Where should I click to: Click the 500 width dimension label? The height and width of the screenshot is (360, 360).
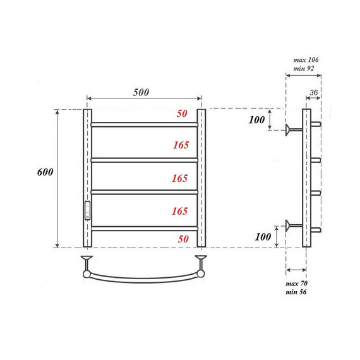(x=141, y=92)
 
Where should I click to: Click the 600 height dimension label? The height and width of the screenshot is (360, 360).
(x=45, y=172)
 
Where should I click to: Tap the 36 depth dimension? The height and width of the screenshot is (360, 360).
(x=313, y=93)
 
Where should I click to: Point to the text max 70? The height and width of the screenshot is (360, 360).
(x=297, y=284)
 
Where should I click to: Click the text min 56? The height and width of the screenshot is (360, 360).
(x=297, y=292)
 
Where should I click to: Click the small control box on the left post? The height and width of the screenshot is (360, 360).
(x=87, y=209)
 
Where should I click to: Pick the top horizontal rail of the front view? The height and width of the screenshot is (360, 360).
(x=144, y=124)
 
